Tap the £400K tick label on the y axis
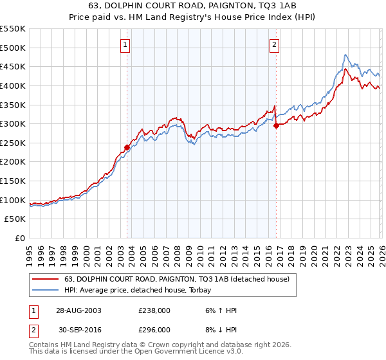(12, 85)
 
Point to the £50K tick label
(15, 219)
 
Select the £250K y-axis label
(12, 143)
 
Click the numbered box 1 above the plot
(125, 45)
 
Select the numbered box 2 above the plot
(275, 45)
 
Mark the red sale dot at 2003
(127, 147)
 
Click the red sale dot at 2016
(276, 125)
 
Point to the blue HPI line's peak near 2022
(345, 55)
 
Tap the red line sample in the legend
(46, 279)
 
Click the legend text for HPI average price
(142, 290)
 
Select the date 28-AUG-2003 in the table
(78, 310)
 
